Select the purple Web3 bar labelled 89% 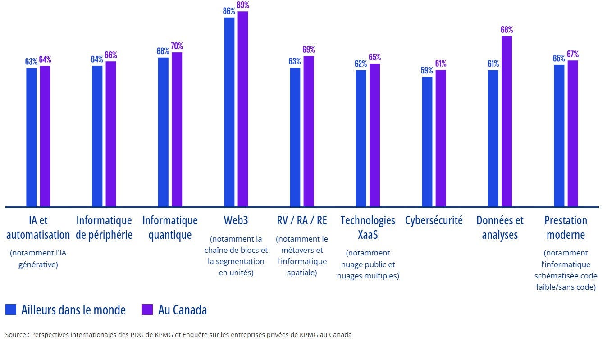243,109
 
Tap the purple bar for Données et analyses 507,121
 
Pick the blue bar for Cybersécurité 427,141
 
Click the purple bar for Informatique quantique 177,129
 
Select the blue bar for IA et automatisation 31,137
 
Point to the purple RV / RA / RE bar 308,131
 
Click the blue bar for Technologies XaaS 361,138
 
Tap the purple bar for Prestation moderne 572,133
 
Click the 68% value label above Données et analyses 507,30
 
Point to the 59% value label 427,70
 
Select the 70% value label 177,46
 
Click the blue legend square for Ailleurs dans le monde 11,310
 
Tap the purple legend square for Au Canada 147,310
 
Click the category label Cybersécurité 434,220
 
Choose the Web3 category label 236,220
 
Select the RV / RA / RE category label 302,220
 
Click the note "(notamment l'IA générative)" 38,259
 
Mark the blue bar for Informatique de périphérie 97,136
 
